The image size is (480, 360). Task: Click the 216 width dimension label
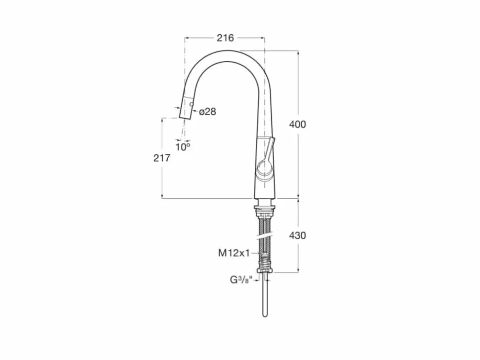(x=225, y=38)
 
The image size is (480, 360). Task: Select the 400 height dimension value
(x=297, y=125)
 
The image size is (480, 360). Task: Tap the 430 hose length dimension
(x=297, y=235)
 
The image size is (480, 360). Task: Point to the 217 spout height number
(x=162, y=158)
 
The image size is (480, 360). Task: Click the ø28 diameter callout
(x=207, y=112)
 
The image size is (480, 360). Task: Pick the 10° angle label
(x=183, y=147)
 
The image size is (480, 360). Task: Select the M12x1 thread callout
(x=234, y=253)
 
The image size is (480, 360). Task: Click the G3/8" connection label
(x=241, y=279)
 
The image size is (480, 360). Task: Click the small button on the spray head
(x=192, y=104)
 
